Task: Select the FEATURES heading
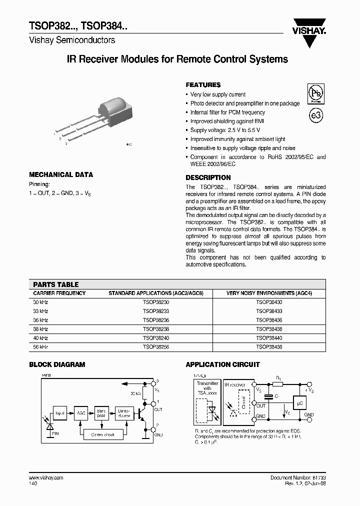point(203,85)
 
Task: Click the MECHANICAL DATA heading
point(61,174)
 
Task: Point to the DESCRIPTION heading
point(208,177)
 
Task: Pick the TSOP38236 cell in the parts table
point(156,320)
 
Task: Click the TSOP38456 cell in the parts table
point(269,346)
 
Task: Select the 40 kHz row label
point(40,337)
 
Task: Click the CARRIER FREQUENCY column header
point(59,293)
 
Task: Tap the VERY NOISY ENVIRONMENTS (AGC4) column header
point(269,293)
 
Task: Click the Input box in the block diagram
point(60,413)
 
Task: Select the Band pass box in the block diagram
point(101,413)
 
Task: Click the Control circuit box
point(102,434)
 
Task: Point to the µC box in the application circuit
point(299,402)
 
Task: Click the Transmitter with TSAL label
point(207,387)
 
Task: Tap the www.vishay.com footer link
point(46,478)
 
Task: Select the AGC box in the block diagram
point(80,413)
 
